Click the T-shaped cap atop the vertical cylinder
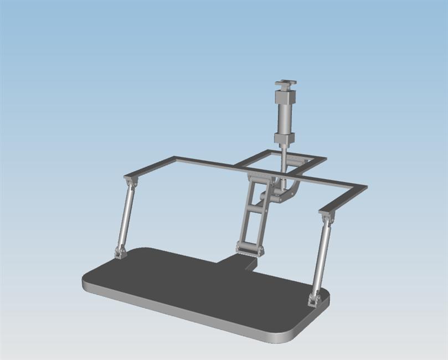[x=285, y=85]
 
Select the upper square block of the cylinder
[x=285, y=99]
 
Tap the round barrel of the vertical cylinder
[x=285, y=119]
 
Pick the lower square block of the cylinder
[x=284, y=138]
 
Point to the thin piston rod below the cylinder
[x=283, y=158]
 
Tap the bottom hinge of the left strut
[x=120, y=253]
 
